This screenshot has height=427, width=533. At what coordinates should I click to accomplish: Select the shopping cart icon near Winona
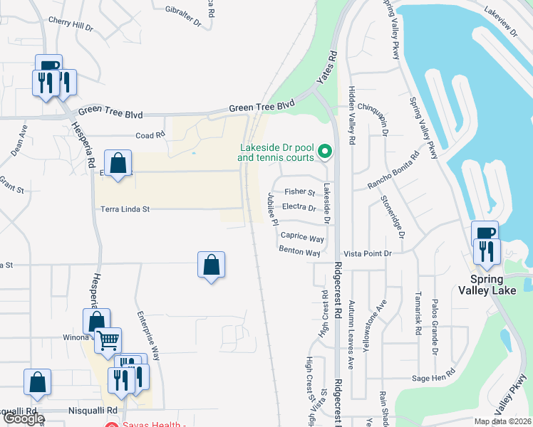pyautogui.click(x=108, y=340)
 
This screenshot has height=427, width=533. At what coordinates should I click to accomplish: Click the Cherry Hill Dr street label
pyautogui.click(x=71, y=24)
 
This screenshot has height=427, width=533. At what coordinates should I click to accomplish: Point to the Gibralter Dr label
pyautogui.click(x=184, y=15)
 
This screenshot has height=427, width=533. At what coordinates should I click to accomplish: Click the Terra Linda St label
pyautogui.click(x=125, y=209)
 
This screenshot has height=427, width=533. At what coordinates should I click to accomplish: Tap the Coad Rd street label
pyautogui.click(x=150, y=135)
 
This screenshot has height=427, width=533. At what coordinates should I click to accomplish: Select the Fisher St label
pyautogui.click(x=299, y=192)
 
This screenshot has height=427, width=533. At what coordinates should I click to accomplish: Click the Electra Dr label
pyautogui.click(x=299, y=208)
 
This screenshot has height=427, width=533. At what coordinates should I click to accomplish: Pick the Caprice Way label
pyautogui.click(x=302, y=236)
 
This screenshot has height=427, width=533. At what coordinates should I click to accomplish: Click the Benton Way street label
pyautogui.click(x=299, y=252)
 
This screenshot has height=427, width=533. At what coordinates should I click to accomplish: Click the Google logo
pyautogui.click(x=23, y=418)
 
